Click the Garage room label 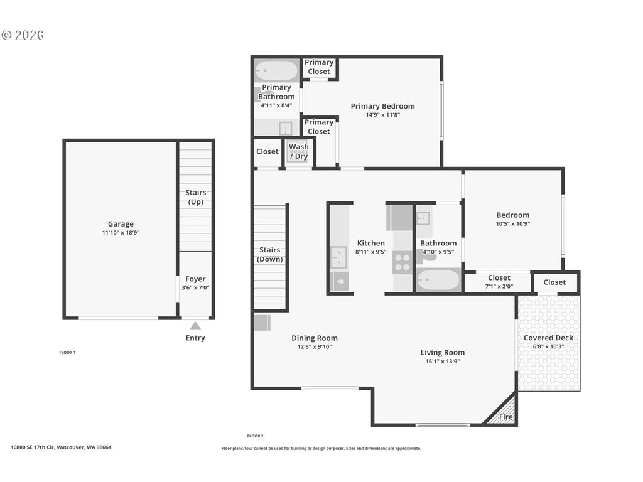121,224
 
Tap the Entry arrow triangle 195,326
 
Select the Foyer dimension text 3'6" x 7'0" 195,287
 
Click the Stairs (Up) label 196,196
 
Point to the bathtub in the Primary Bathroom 276,71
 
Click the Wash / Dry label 298,151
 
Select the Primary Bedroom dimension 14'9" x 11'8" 382,115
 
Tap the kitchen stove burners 402,263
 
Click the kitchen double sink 338,257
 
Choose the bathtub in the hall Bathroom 438,281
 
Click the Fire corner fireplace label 505,417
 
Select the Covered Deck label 548,338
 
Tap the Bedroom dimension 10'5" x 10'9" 513,224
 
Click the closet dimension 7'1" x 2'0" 499,286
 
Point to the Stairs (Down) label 269,254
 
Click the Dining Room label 315,338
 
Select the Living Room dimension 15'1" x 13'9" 443,361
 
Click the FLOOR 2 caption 255,436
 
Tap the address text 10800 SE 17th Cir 33,447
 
